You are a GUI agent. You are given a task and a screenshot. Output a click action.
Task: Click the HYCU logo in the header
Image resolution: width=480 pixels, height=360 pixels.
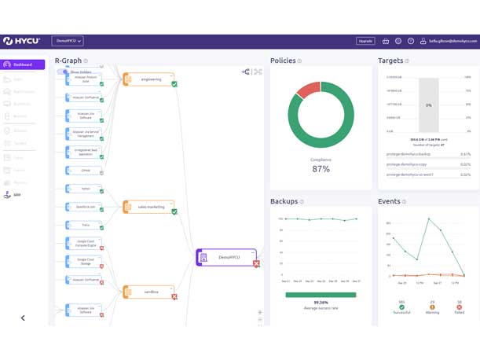point(22,41)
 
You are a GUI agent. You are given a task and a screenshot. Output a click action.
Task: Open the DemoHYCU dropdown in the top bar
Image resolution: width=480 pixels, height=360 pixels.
point(68,41)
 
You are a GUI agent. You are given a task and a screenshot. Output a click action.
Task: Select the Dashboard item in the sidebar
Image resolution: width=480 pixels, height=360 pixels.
point(22,64)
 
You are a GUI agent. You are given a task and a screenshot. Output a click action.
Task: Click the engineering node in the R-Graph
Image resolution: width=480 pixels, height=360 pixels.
point(150,79)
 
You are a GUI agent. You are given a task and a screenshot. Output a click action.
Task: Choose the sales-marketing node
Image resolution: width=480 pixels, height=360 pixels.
point(150,207)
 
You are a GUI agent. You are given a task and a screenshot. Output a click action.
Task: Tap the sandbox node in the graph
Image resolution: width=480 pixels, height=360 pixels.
point(150,292)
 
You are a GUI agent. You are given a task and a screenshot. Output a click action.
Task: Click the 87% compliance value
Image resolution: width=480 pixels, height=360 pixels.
point(321,169)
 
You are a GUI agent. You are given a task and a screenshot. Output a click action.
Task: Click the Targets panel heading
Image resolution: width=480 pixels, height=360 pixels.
point(390,61)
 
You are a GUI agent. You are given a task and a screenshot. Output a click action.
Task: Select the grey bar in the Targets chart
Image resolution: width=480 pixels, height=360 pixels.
point(428,105)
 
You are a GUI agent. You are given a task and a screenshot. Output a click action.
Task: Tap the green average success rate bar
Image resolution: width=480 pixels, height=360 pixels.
point(320,295)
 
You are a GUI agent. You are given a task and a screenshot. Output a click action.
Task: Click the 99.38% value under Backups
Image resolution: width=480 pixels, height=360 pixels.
point(321,302)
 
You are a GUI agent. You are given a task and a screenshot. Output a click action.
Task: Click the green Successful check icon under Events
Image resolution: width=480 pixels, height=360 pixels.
point(401,307)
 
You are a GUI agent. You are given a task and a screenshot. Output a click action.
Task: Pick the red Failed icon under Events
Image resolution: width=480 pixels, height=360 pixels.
point(459,307)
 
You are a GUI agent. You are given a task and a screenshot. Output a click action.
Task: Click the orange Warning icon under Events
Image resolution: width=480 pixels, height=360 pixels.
point(431,307)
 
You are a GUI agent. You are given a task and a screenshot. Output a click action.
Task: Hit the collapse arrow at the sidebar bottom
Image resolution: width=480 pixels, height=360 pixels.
point(23,318)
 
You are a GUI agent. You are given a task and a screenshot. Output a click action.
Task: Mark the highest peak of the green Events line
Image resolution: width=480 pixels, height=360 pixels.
point(428,219)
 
